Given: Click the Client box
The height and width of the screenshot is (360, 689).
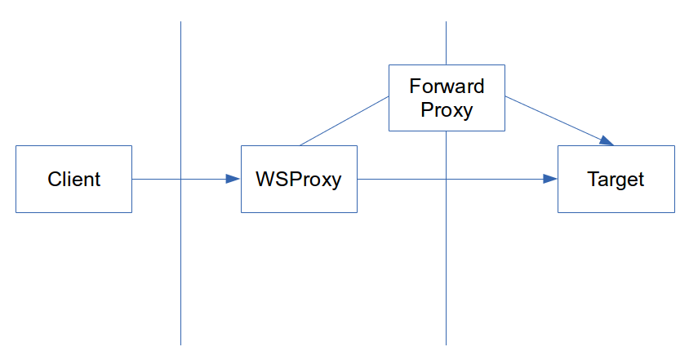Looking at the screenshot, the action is coord(73,179).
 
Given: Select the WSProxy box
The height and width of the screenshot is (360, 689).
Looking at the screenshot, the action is coord(299,179).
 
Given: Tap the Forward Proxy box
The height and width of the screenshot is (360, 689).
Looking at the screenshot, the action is coord(447,98).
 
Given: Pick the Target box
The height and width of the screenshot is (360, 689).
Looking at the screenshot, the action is coord(616,179).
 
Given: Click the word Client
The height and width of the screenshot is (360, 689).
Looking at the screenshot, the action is coord(73,179).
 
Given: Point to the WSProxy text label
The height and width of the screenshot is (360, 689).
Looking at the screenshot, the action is coord(299,180).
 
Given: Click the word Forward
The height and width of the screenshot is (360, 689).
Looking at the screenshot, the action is coord(447,87).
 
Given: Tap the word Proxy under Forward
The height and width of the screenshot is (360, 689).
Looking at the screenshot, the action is coord(447,110).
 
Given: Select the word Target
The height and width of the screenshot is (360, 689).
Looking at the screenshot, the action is coord(616,180).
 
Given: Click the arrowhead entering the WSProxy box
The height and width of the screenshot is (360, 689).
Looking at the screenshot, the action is coord(233,179).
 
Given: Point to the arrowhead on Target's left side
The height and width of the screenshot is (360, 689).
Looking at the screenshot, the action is coord(550,179).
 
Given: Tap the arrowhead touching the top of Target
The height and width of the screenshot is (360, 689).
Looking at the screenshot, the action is coord(607,140).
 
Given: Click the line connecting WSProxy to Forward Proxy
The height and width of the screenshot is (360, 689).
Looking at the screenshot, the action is coord(344,121).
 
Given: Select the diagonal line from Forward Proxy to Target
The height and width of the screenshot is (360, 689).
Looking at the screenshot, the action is coord(559,121).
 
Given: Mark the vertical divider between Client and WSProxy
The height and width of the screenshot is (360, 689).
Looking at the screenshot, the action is coord(180,183).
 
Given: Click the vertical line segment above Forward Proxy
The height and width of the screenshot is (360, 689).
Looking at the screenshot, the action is coord(446,43).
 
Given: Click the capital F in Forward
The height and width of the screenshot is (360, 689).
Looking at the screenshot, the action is coord(415,87).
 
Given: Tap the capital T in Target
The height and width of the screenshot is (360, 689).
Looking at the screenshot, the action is coord(593,179).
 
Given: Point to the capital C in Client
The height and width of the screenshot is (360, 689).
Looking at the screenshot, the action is coord(55,179).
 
